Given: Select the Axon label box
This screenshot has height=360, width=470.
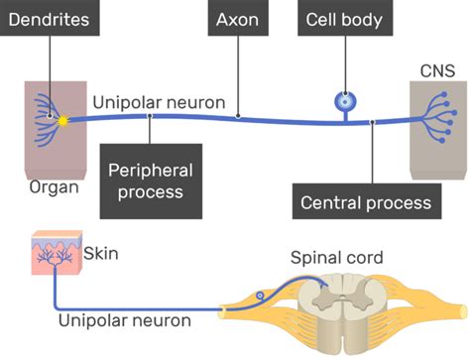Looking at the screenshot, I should [x=237, y=20].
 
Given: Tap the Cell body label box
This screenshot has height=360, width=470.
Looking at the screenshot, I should [x=344, y=20].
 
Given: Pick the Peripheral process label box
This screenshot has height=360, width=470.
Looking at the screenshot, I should [x=151, y=180].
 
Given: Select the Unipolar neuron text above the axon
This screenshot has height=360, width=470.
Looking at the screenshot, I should [x=159, y=102].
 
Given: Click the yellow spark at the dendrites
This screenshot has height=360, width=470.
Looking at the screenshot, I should [x=63, y=119].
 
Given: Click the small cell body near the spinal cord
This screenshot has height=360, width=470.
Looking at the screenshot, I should [x=261, y=296].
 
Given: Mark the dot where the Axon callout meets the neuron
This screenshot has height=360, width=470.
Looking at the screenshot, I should [x=237, y=117].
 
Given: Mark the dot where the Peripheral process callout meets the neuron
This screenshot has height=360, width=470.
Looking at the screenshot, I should [x=150, y=115].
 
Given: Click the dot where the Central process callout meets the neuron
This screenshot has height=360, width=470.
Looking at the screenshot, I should [x=372, y=123].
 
